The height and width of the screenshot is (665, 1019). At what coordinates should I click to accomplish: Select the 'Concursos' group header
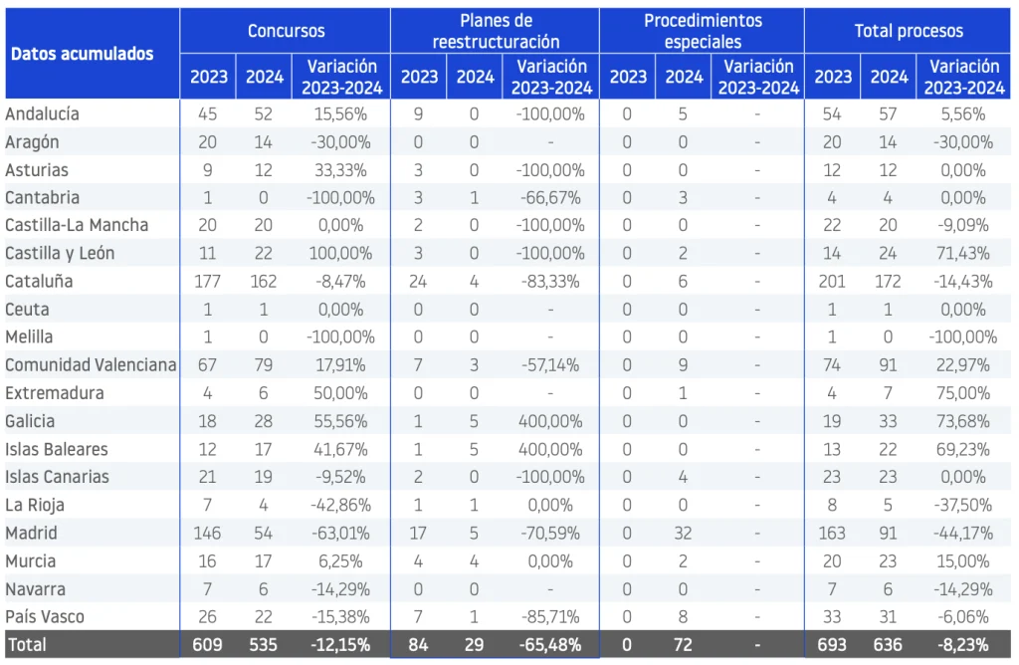286,31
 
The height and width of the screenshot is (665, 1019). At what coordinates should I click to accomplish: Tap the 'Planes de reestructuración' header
496,31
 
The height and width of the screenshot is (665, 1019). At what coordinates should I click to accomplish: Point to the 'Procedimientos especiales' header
703,31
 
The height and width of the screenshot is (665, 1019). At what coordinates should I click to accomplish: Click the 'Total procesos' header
909,31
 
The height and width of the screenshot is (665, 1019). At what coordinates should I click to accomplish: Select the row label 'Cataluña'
39,282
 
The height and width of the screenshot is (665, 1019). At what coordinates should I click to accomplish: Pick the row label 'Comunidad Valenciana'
91,365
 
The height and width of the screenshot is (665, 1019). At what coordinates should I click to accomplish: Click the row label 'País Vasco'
45,617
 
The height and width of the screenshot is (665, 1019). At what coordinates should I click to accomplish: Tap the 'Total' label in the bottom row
26,645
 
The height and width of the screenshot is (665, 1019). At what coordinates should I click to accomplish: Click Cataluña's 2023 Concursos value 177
207,282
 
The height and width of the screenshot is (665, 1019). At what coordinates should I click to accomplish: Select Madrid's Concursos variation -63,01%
340,533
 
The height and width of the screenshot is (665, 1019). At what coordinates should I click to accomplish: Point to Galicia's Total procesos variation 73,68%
963,421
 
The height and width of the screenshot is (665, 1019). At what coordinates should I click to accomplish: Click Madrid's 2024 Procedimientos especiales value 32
683,533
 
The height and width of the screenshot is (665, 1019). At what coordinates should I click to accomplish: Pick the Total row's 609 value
207,645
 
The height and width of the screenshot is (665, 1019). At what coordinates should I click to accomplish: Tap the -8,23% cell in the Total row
963,645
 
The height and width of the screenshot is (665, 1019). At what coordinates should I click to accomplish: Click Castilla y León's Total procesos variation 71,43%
963,254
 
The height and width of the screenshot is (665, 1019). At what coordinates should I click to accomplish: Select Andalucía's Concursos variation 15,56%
340,114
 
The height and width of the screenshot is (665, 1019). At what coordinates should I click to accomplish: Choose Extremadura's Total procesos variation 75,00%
963,393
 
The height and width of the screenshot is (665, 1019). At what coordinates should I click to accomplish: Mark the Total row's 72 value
683,645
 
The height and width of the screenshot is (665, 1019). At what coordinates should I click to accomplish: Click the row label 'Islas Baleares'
57,449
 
